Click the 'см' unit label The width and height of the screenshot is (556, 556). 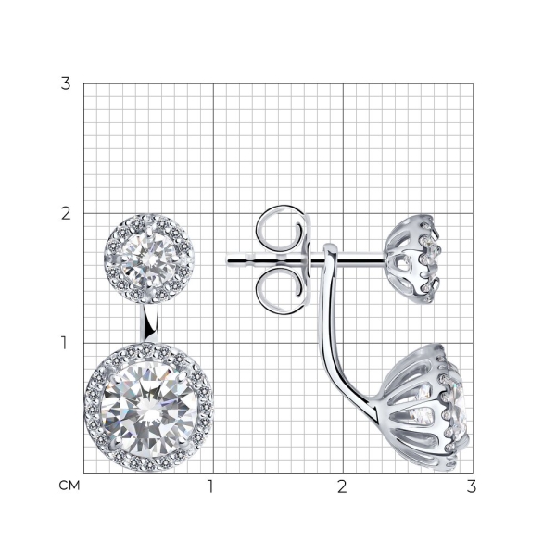[x=69, y=486]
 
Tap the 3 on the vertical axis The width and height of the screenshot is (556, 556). [x=66, y=83]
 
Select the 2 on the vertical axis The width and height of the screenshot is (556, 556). [x=66, y=213]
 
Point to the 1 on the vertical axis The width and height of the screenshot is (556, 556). [x=64, y=343]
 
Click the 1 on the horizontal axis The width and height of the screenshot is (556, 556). [x=210, y=486]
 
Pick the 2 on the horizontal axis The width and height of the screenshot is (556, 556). [x=342, y=486]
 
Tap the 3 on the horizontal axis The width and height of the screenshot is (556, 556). [x=472, y=486]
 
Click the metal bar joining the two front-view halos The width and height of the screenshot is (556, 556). [x=151, y=322]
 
